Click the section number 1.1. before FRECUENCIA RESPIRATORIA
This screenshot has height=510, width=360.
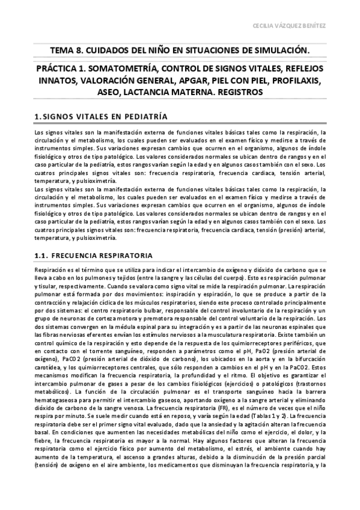tap(44, 255)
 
